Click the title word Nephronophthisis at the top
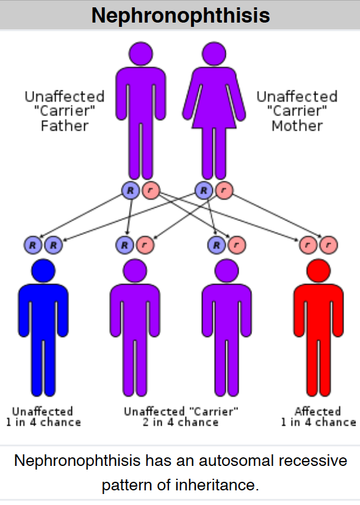click(181, 15)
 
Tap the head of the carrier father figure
click(140, 54)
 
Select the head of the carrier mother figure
click(214, 54)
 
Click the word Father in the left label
click(64, 126)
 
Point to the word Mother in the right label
click(297, 126)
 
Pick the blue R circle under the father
click(131, 191)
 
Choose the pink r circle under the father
click(151, 191)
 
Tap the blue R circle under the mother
click(204, 191)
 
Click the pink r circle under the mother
click(224, 191)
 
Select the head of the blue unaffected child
click(43, 271)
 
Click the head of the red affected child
click(319, 271)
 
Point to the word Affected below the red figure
click(318, 412)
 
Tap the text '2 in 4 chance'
click(181, 422)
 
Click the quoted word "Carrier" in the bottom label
click(214, 412)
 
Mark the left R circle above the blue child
click(33, 245)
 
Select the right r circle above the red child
click(328, 245)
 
